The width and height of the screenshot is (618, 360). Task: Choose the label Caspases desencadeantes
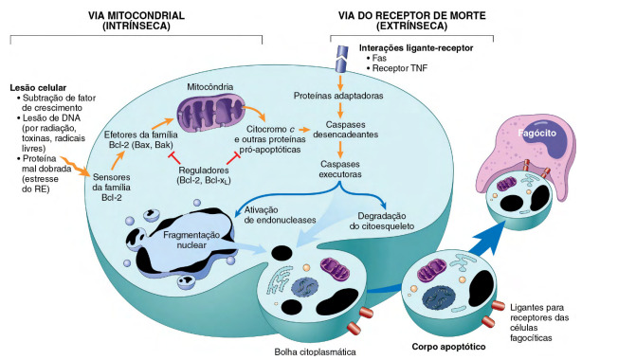pos(344,131)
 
